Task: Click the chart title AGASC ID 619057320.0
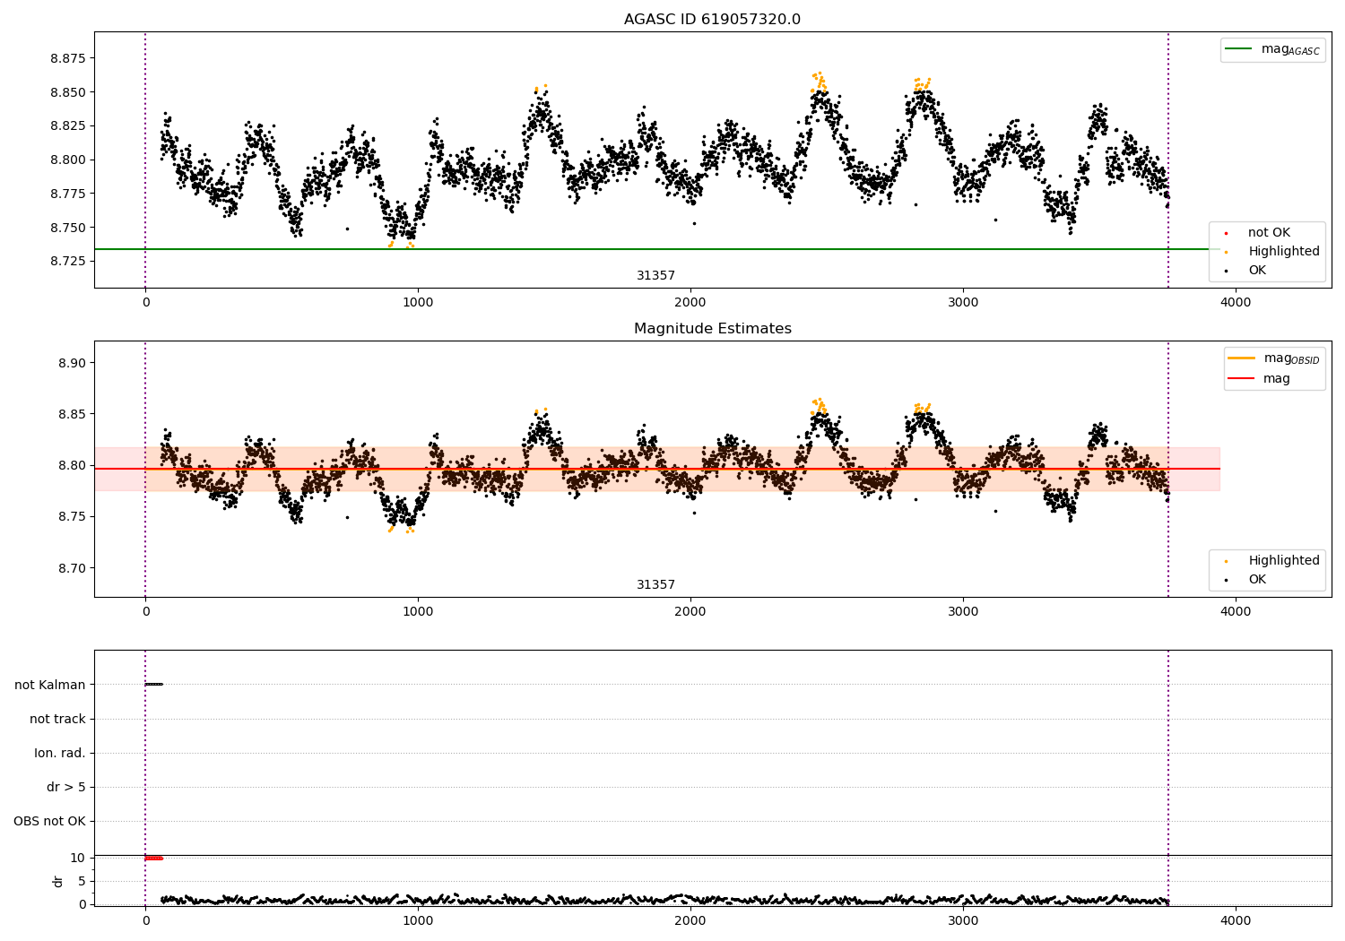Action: tap(712, 20)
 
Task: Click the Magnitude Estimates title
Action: tap(712, 329)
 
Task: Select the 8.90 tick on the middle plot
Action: tap(71, 363)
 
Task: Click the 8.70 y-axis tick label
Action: tap(71, 568)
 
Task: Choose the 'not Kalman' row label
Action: tap(50, 685)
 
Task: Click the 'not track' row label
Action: tap(57, 719)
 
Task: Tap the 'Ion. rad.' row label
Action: tap(60, 753)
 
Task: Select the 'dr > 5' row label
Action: tap(66, 787)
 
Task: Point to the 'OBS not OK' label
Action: tap(49, 821)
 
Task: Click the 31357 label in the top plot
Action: tap(655, 276)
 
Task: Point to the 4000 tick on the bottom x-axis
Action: tap(1236, 920)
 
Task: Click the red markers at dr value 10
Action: tap(153, 858)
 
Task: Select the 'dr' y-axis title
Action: tap(58, 881)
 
